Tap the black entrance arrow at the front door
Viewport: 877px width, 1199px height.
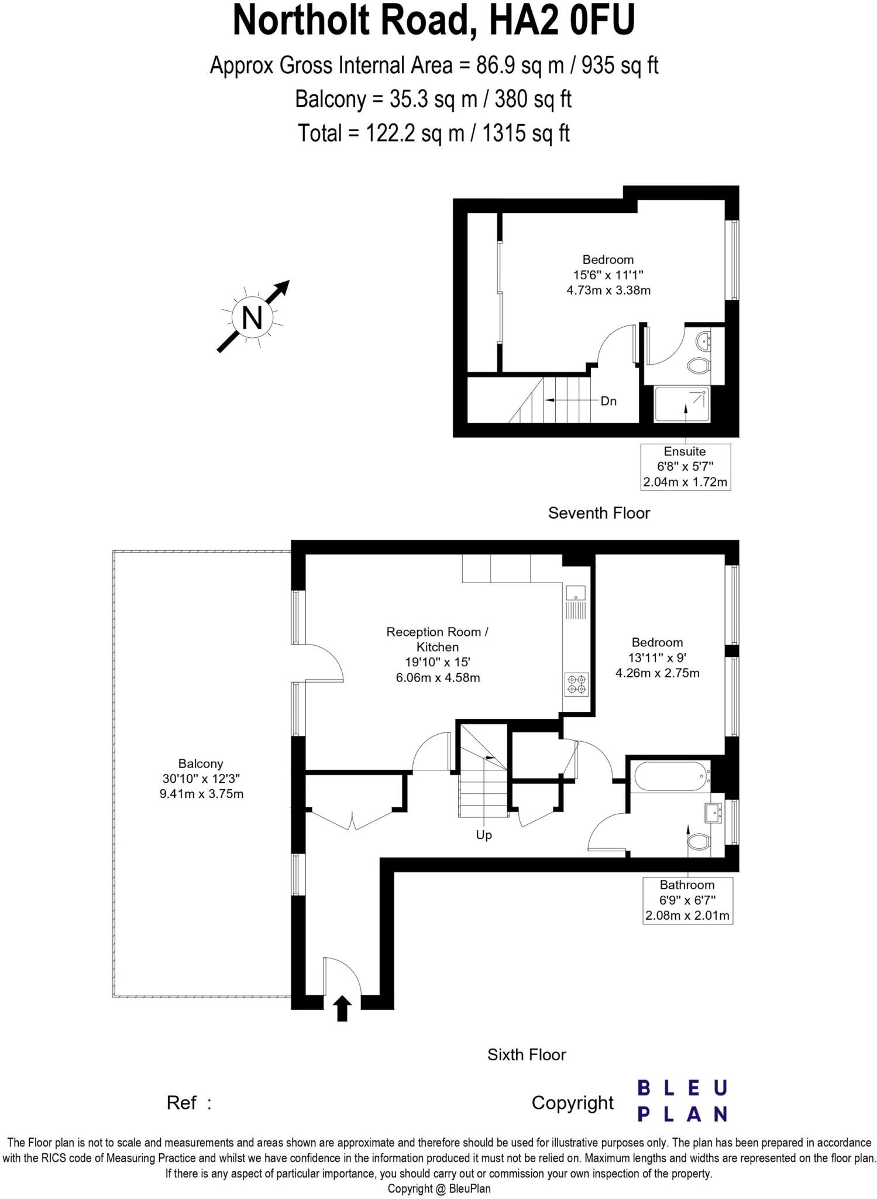342,1009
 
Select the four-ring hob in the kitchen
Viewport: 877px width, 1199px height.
576,684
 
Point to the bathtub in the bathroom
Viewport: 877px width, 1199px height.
669,777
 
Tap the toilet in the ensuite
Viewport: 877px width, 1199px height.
698,366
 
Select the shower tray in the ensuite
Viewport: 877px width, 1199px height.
682,404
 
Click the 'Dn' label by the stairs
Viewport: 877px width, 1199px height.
608,401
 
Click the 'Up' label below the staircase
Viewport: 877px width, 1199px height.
484,835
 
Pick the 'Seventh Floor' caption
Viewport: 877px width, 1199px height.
599,513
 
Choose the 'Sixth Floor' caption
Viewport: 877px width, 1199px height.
527,1054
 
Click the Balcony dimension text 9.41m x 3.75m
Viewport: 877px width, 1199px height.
201,794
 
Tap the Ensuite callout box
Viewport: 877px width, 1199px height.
685,467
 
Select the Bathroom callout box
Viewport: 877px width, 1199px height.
687,900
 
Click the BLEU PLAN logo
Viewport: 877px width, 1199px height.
682,1101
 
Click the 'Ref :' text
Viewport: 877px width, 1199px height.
188,1103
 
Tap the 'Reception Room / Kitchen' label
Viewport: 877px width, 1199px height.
437,639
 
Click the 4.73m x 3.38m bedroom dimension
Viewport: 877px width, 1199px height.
608,290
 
